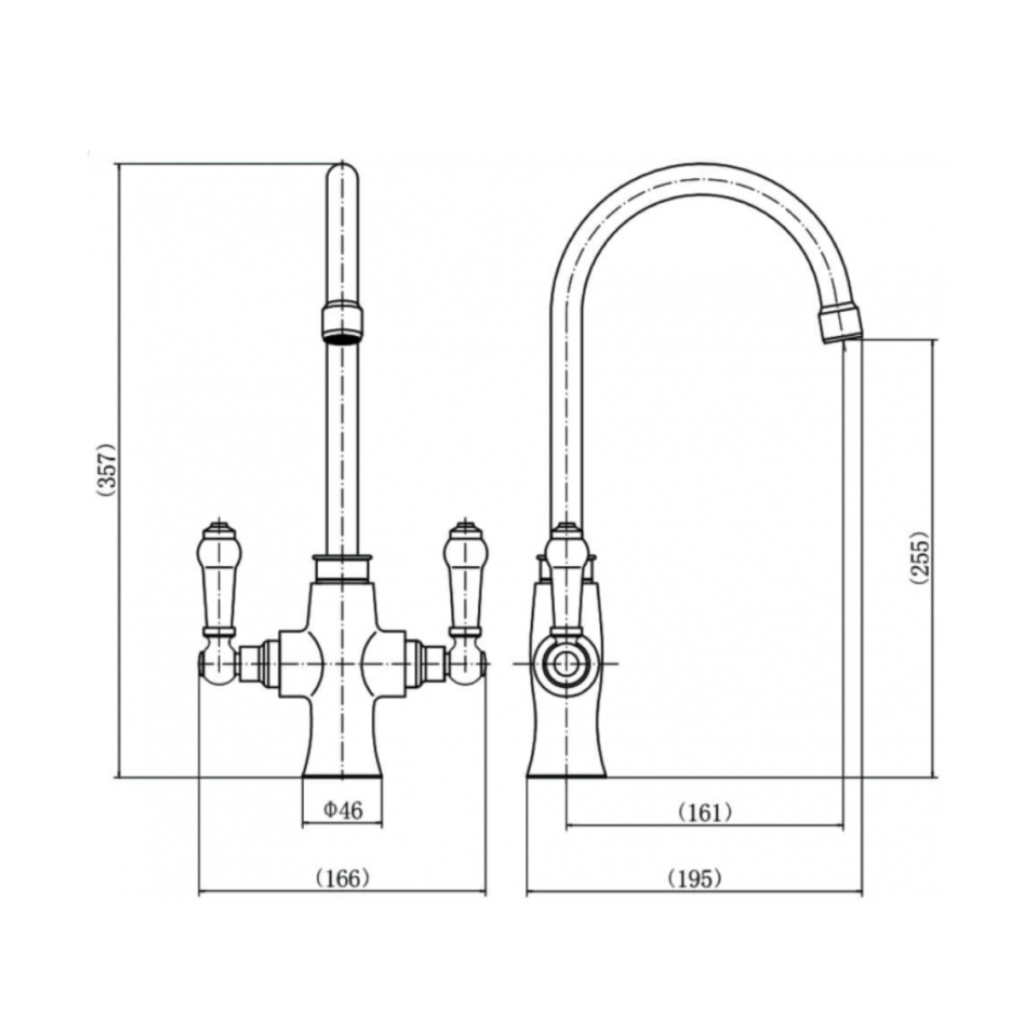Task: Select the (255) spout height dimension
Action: pyautogui.click(x=918, y=558)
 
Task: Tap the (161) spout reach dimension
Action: pyautogui.click(x=705, y=812)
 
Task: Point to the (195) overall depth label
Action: pyautogui.click(x=694, y=878)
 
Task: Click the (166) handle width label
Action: pyautogui.click(x=343, y=878)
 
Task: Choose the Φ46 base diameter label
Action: pyautogui.click(x=343, y=810)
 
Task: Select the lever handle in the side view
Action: pyautogui.click(x=566, y=580)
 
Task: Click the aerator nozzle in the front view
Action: pyautogui.click(x=343, y=324)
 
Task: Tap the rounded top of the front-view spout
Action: pyautogui.click(x=343, y=175)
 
